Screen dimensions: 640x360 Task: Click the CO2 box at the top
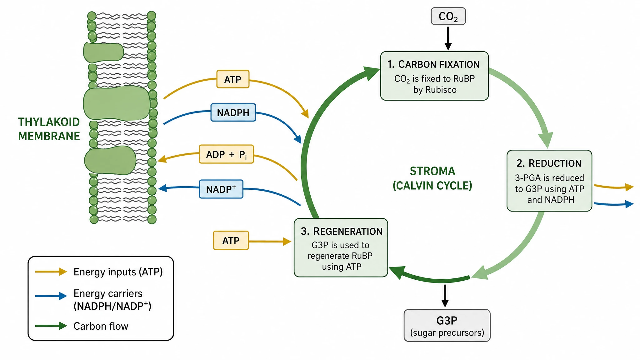point(448,16)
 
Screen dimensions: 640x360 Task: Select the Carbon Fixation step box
point(434,76)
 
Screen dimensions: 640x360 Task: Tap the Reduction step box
point(549,181)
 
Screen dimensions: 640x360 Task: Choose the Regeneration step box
point(341,247)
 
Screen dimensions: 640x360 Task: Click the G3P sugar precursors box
point(447,325)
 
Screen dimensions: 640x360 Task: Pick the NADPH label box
point(233,112)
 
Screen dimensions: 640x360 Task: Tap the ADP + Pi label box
point(226,154)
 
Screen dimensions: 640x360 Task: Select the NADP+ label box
point(221,189)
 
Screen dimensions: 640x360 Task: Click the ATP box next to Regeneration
point(231,240)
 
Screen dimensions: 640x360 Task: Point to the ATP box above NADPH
point(233,79)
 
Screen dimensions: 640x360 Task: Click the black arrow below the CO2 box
point(448,38)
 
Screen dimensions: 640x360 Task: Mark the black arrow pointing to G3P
point(445,296)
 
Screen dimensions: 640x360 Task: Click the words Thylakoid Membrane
point(49,129)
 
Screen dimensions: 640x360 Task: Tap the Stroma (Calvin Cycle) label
point(432,178)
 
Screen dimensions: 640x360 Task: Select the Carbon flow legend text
point(101,326)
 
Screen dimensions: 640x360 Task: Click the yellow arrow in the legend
point(51,272)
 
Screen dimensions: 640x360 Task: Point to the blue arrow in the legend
point(51,296)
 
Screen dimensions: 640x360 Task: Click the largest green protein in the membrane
point(117,104)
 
